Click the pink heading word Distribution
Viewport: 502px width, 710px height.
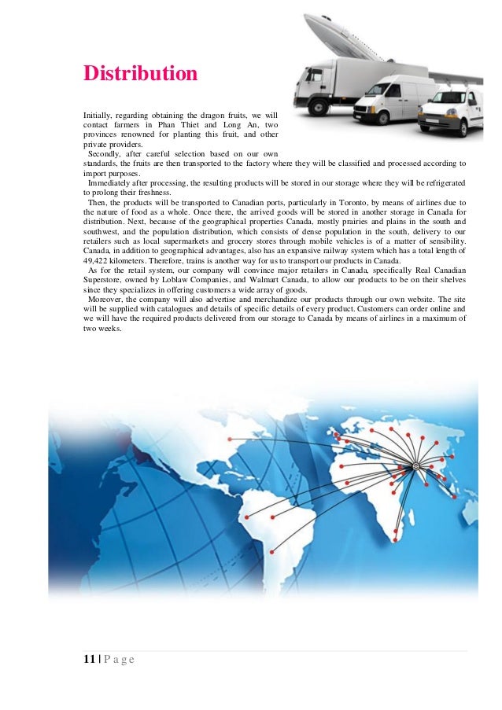click(141, 74)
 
